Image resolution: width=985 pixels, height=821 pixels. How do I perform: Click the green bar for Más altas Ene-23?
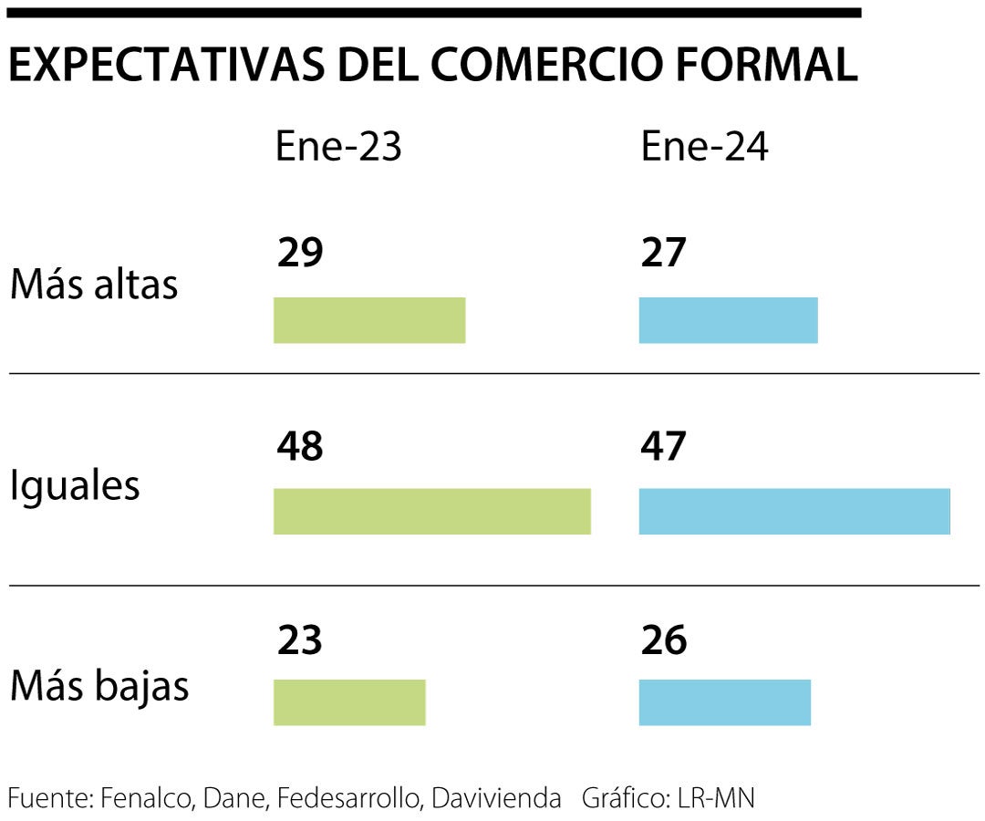(369, 320)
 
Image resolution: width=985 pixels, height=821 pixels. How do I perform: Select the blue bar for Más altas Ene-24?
(728, 320)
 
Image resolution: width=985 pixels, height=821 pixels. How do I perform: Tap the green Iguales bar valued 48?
(431, 511)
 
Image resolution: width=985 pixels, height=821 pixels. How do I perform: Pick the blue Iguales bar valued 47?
(794, 511)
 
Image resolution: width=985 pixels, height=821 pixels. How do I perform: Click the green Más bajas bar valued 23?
(349, 702)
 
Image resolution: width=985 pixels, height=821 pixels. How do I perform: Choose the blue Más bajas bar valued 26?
(724, 702)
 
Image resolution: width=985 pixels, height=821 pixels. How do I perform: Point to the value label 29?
(300, 253)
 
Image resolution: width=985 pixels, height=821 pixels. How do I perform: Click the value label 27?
(663, 253)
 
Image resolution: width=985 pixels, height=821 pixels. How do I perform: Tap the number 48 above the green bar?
(300, 447)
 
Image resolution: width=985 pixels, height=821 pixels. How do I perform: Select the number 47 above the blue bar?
(663, 447)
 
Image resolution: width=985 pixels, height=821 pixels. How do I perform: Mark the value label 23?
(300, 640)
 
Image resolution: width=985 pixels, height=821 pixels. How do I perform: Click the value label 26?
(663, 640)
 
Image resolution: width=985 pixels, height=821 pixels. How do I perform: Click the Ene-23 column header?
(338, 147)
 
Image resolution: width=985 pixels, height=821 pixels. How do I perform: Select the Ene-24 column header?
(704, 147)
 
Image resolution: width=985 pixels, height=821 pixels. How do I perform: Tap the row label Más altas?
(94, 286)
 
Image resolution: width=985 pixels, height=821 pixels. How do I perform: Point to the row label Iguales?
(75, 485)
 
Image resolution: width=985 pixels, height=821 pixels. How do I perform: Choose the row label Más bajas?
(99, 686)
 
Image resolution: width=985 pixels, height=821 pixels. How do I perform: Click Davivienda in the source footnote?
(496, 798)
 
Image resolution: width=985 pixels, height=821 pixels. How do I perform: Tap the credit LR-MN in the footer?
(715, 798)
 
